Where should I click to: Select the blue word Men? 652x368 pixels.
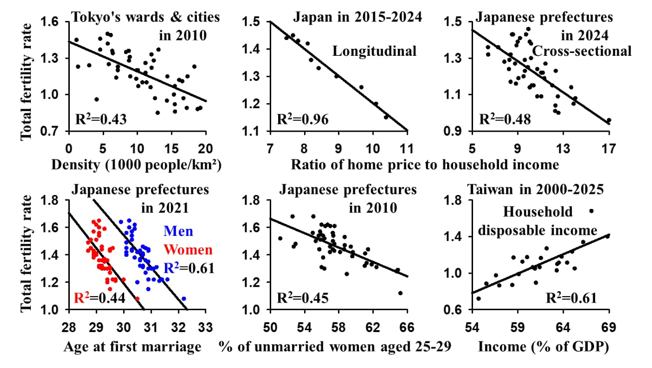[178, 231]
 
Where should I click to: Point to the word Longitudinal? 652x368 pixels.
[374, 51]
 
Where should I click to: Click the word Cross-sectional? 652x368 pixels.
[582, 51]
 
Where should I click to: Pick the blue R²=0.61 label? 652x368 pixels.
[190, 268]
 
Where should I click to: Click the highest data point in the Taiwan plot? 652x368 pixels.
[591, 211]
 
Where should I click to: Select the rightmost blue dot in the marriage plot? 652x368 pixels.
[184, 299]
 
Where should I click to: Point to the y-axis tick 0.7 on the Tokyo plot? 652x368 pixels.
[53, 131]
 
